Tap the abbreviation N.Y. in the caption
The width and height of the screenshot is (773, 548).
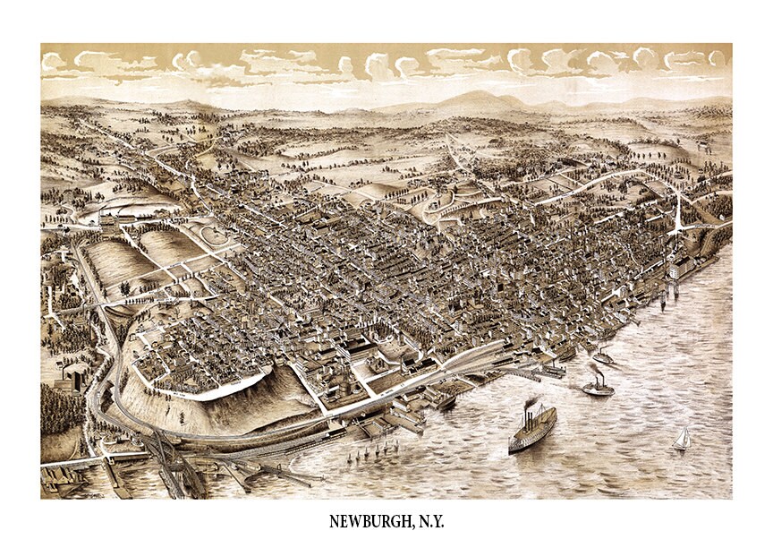pyautogui.click(x=427, y=520)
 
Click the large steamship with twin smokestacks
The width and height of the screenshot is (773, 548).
pyautogui.click(x=532, y=427)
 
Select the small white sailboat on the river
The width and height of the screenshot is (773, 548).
pyautogui.click(x=682, y=438)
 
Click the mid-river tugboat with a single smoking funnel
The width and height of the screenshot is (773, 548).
pyautogui.click(x=598, y=386)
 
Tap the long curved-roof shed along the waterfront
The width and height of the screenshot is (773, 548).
pyautogui.click(x=465, y=358)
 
